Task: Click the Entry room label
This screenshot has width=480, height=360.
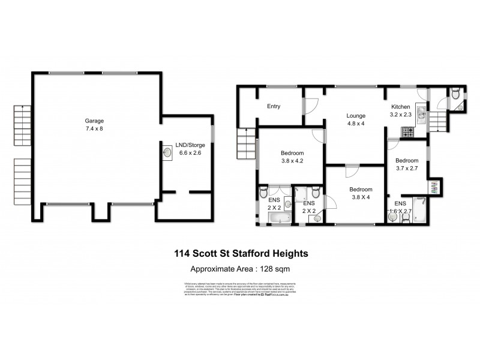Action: [x=274, y=107]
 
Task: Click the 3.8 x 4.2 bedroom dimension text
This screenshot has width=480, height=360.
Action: [x=293, y=160]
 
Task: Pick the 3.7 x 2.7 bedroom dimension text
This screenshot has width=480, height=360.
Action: [x=407, y=169]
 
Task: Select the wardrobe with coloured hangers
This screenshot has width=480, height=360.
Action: [x=434, y=186]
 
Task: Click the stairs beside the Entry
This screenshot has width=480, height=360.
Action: [x=247, y=143]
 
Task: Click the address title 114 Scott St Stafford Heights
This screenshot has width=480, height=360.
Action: [x=240, y=254]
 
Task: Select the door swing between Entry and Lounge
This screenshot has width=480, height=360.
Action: [x=311, y=106]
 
